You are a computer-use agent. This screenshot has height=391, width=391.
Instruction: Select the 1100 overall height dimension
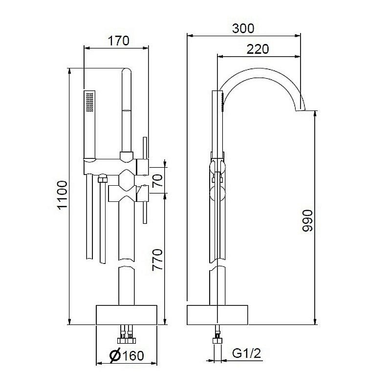tap(62, 195)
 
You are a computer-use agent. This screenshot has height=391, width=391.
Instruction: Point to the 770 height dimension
tap(157, 260)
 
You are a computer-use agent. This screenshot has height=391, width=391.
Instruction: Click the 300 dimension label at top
tap(243, 28)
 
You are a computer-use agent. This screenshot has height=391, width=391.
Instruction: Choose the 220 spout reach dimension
tap(257, 49)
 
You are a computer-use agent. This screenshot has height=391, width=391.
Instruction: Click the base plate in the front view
tap(127, 315)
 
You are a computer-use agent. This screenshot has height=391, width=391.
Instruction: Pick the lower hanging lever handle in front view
tap(145, 210)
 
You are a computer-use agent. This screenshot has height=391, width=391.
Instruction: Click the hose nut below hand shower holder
tap(102, 178)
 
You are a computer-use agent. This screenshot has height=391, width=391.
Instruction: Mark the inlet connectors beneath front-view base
tap(126, 335)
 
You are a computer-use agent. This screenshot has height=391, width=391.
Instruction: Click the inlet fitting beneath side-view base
tap(217, 337)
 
